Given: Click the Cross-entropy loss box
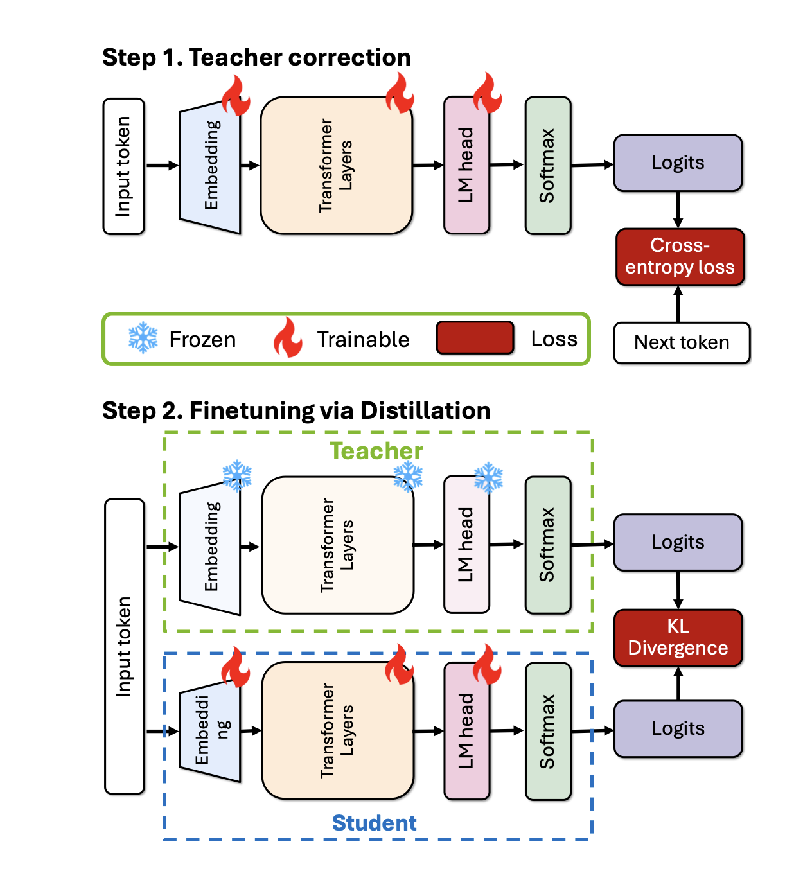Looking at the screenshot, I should [680, 257].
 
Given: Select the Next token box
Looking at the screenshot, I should [682, 343].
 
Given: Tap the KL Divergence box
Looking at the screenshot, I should [678, 637].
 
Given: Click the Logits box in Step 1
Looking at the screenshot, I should [678, 163].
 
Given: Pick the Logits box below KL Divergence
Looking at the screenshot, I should [678, 728].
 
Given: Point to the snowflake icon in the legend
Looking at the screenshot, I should [143, 338].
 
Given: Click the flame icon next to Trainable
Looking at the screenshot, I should [288, 338].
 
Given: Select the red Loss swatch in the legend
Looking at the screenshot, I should [475, 338].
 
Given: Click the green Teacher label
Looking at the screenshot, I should [376, 451].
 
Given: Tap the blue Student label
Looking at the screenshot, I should [374, 823].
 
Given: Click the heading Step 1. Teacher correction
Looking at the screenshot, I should [256, 58].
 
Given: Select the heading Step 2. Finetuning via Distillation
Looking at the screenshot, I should [296, 410].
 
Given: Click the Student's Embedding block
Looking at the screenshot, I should [210, 731].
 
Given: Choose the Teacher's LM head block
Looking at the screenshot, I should [466, 545].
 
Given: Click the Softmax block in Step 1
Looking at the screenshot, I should [547, 166].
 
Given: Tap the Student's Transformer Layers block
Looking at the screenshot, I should [337, 731].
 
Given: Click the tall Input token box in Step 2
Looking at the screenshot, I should [124, 646].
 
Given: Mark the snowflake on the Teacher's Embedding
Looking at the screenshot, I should [237, 475].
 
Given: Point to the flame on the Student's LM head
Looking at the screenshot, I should [487, 665].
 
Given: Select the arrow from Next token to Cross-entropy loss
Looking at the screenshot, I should [678, 304].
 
